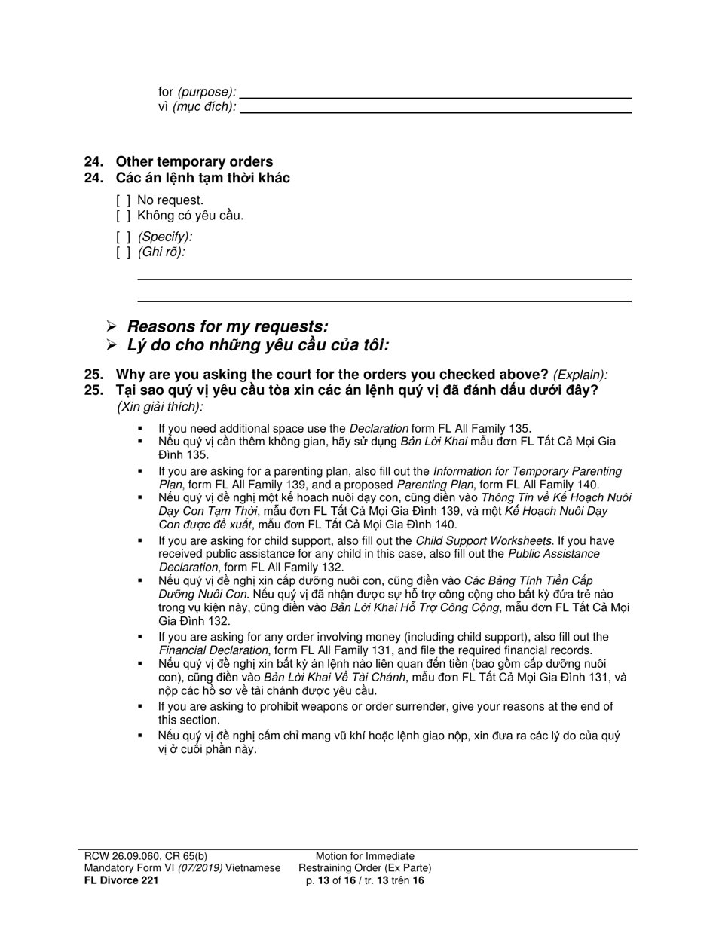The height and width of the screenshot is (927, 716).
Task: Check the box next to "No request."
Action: coord(124,200)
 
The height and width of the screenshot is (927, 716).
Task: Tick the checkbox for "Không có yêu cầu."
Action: coord(124,216)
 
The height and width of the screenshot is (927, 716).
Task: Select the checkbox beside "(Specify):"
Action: coord(124,237)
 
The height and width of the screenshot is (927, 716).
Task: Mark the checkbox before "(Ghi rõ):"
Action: coord(124,252)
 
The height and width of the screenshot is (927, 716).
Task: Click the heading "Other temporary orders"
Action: coord(194,161)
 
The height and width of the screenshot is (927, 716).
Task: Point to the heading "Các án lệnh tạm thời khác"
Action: coord(202,178)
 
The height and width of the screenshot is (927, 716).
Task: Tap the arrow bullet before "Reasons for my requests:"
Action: coord(112,326)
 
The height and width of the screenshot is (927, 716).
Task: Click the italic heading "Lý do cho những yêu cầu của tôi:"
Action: coord(258,345)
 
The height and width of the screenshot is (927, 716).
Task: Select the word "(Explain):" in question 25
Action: coord(580,375)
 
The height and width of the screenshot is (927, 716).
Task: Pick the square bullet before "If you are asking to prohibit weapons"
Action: coord(140,707)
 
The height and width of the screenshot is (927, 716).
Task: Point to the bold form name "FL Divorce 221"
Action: coord(121,880)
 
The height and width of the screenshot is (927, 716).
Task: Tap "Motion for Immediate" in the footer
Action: coord(365,856)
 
